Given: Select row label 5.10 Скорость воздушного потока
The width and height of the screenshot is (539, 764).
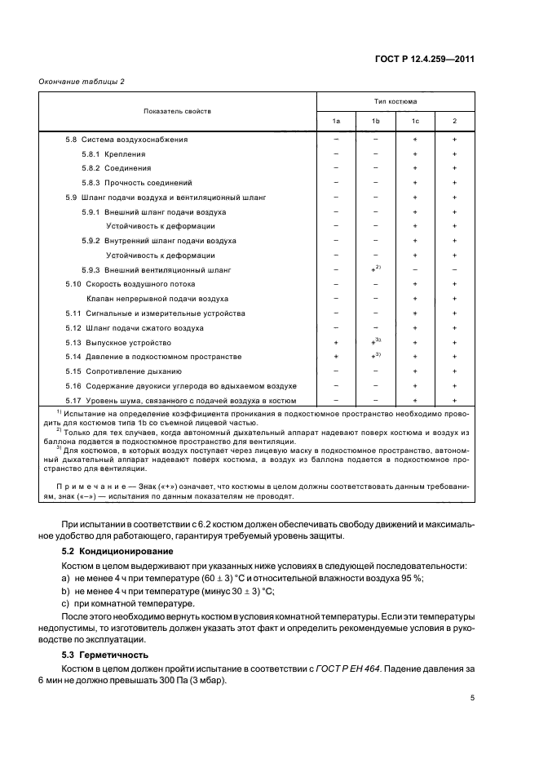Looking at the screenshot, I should tap(130, 284).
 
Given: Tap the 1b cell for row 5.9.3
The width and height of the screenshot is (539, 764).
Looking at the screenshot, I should tap(376, 269).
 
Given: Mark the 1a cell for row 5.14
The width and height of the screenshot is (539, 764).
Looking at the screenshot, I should tap(336, 357).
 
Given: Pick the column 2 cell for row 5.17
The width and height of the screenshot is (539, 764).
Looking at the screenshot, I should tap(454, 400).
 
